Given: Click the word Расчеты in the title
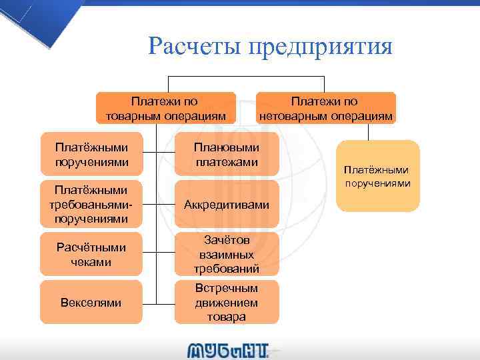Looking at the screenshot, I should coord(193,47).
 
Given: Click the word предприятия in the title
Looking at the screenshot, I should coord(321,47).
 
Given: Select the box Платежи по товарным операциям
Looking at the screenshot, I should coord(166,109).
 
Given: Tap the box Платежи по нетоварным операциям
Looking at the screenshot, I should coord(326,109).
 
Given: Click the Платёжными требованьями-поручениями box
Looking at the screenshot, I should coord(91,205).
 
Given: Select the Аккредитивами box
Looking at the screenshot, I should coord(227,205).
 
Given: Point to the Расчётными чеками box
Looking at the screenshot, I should coord(91,254).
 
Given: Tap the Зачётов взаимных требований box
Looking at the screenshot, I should coord(227,254).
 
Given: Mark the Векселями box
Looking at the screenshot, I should coord(91,303).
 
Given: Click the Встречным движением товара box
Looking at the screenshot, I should coord(227,302).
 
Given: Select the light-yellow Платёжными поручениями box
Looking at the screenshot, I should coord(378,176).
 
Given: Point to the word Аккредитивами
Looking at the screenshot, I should coord(227,205).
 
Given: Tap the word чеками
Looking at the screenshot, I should coord(91,262).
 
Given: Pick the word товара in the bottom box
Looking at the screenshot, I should coord(227,317).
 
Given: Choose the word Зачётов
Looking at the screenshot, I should coord(227,240).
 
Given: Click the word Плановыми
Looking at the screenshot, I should coord(227,147).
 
